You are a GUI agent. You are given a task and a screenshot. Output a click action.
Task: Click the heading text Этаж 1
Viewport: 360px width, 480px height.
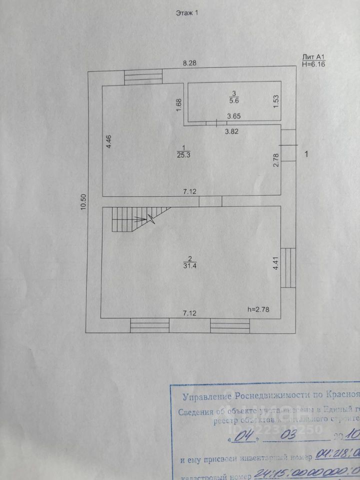[187, 13]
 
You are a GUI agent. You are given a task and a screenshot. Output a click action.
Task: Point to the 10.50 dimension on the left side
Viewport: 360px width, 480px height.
[84, 202]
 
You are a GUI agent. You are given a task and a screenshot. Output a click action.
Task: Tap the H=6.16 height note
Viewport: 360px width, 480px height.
[314, 64]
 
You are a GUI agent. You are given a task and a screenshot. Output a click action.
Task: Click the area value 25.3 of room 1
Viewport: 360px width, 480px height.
[184, 154]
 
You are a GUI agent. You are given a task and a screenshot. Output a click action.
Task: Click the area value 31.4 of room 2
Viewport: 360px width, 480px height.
[189, 265]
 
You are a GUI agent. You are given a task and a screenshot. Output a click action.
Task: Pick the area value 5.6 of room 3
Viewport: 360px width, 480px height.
[232, 100]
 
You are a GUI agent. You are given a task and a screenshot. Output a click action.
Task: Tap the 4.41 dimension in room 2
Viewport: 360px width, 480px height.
[275, 263]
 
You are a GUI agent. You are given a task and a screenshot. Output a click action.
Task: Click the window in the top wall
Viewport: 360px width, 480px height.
[143, 78]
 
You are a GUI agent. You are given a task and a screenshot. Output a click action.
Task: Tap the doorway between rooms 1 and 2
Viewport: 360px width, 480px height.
[210, 201]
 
